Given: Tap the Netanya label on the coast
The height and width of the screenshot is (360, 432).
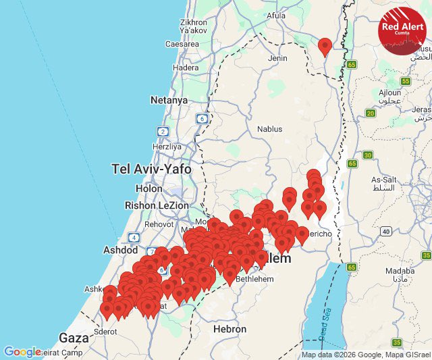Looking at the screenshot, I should point(169,100).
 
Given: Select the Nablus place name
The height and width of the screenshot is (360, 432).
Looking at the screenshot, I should point(269,128).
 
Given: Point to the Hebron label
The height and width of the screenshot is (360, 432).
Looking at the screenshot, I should point(230,329).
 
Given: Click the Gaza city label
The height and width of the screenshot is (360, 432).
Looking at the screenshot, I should point(74,338).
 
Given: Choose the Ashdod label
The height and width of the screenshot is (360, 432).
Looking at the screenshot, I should point(120,249).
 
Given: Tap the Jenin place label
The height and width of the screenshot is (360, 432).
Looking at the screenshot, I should point(277,58).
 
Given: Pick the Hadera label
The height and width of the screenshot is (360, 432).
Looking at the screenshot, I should point(186,68).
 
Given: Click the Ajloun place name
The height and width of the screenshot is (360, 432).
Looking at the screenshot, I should point(389,93).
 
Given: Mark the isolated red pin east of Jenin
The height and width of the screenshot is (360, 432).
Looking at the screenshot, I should point(325,46).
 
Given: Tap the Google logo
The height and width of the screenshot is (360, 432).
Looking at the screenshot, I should point(22,352).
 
